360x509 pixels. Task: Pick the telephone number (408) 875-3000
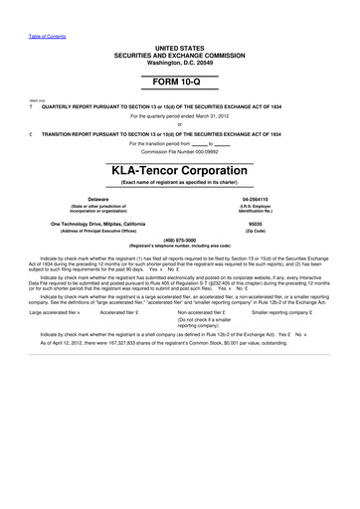179,239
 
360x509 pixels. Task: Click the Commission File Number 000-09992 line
179,151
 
